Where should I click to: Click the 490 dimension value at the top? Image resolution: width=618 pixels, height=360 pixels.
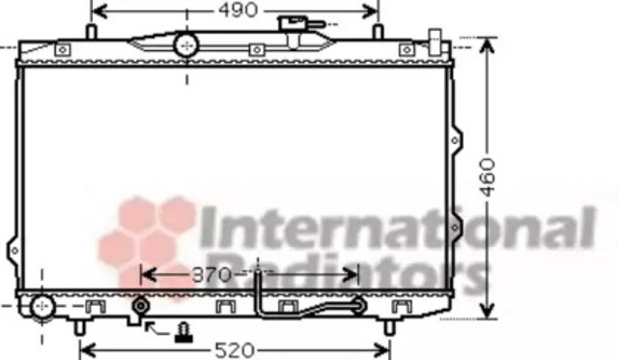[239, 11]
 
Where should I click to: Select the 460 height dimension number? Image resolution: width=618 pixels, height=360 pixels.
[488, 178]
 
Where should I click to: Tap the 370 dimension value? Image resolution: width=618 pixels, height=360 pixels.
[211, 274]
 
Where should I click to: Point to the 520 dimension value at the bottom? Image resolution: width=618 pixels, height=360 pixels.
[235, 350]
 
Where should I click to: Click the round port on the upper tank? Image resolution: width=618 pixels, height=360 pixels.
[186, 45]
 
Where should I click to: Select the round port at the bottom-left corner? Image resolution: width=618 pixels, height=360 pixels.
[42, 307]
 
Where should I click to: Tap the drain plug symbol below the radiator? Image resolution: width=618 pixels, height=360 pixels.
[183, 332]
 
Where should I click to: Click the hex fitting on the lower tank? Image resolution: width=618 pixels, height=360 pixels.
[141, 306]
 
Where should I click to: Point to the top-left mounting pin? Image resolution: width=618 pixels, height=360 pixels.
[91, 32]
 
